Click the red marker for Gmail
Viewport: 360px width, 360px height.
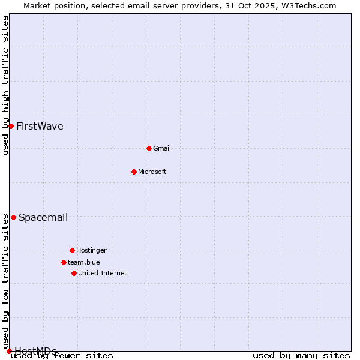point(149,148)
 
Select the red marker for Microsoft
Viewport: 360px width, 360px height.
point(134,172)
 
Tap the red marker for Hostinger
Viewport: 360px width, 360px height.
point(72,250)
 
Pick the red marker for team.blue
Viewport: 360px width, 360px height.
point(64,262)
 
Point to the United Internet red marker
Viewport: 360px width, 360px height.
point(74,273)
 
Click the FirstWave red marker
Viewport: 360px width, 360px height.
point(11,126)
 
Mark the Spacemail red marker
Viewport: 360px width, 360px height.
point(13,217)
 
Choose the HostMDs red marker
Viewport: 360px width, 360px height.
point(9,351)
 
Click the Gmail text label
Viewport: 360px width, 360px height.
point(162,148)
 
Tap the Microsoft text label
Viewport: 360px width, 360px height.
point(152,172)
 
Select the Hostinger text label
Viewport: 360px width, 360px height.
point(92,250)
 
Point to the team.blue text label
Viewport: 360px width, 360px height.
point(84,262)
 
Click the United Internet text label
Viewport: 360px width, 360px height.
point(103,273)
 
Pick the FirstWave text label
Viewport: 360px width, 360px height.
point(40,126)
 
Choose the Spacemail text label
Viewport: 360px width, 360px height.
point(43,217)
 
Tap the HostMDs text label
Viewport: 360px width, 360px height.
point(35,351)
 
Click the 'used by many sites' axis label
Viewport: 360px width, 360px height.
point(301,355)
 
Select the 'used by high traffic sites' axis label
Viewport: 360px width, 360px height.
point(6,85)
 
